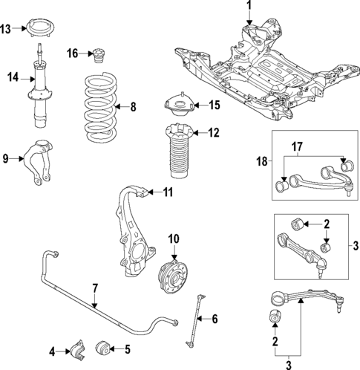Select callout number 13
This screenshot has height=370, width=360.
6,30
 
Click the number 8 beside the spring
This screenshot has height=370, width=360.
134,107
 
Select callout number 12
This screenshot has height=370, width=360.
214,134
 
